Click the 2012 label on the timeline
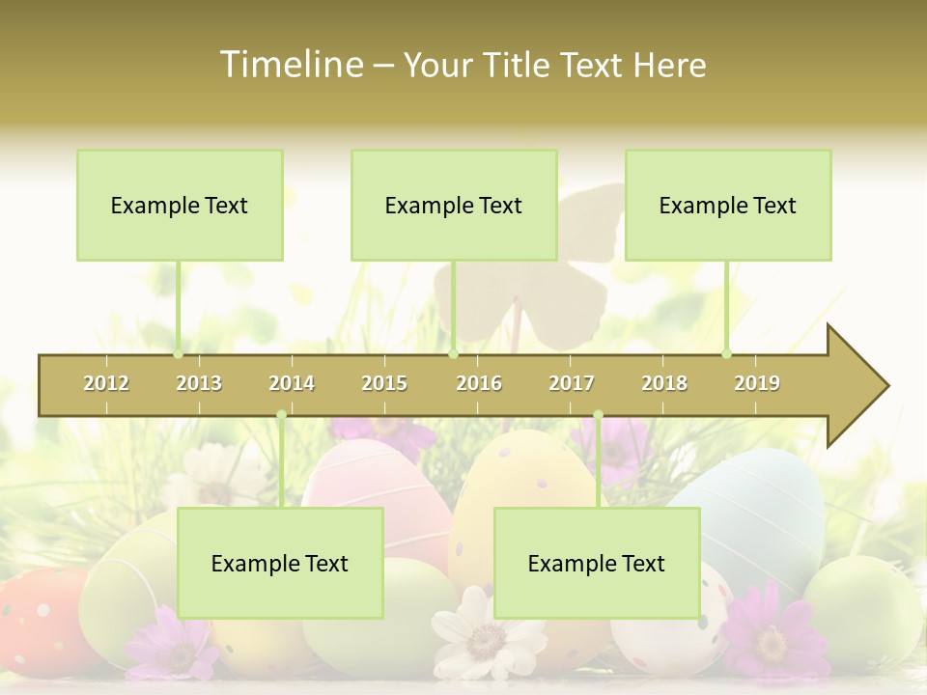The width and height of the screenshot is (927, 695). coord(106,383)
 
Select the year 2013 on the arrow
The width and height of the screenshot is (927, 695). coord(199,383)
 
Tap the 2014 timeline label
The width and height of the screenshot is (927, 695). coord(292,383)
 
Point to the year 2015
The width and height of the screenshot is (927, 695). coord(384,383)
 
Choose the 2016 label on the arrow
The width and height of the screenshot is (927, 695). coord(479,383)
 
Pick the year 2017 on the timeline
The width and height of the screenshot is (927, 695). coord(572,383)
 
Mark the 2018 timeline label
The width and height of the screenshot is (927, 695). coord(664,383)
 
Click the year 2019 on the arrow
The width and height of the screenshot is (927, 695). coord(757,383)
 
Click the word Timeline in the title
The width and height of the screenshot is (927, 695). coord(289,65)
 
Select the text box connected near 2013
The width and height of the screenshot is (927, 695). coord(180,205)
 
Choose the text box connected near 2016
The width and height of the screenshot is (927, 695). coord(454,205)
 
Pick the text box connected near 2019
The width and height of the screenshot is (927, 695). coord(728,205)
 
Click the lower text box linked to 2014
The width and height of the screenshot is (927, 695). coord(280,563)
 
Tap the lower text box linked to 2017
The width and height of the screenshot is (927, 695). coord(597,563)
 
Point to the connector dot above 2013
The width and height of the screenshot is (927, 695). coord(178,354)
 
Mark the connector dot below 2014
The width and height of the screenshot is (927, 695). coord(281,415)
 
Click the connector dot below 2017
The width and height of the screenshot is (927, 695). coord(598,415)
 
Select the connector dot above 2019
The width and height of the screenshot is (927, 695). coord(726,354)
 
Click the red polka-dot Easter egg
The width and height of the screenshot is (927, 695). coord(39,618)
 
